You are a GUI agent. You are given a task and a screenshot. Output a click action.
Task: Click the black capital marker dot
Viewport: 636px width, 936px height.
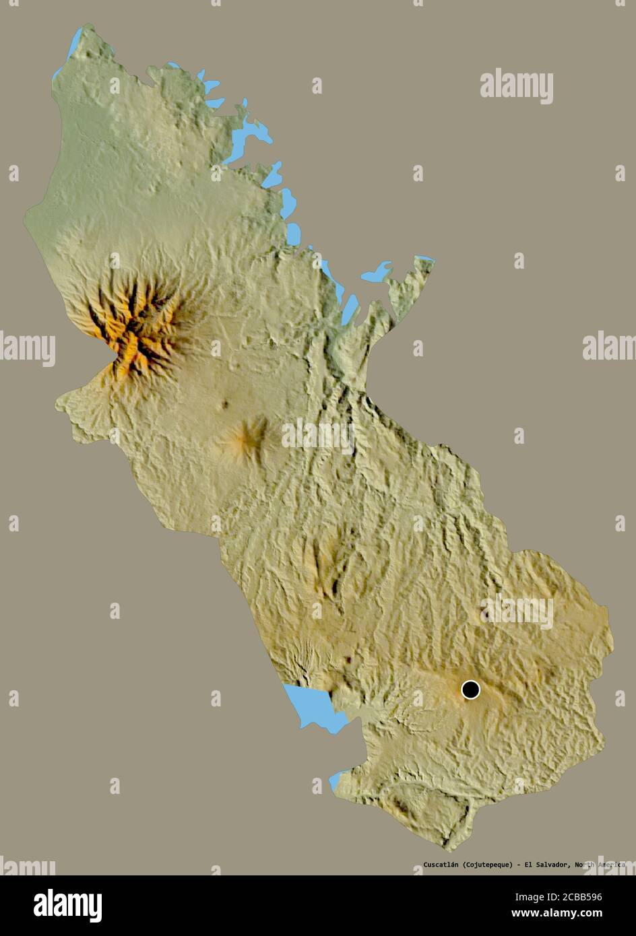point(470,690)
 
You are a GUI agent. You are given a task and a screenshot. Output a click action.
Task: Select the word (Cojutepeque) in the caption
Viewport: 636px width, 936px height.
point(488,865)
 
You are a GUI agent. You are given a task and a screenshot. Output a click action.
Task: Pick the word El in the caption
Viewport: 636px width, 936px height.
point(526,865)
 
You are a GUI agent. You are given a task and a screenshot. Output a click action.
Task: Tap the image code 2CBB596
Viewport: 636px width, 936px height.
point(594,897)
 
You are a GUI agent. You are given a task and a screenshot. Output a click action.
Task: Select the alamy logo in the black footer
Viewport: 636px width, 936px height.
point(67,905)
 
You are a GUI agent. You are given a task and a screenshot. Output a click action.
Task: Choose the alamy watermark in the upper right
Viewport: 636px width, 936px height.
point(517,86)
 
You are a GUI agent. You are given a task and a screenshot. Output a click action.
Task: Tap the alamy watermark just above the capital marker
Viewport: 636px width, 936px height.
point(517,611)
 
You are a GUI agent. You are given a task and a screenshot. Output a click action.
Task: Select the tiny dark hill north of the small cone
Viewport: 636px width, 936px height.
point(224,404)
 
